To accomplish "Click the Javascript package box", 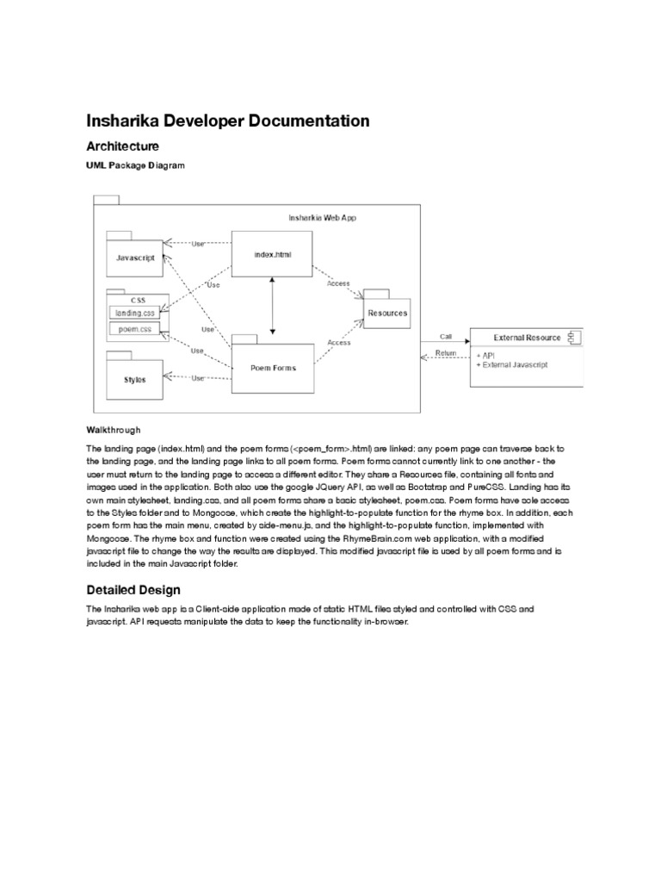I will (x=136, y=257).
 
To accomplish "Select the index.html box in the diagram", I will (x=272, y=254).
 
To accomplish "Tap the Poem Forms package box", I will (x=272, y=368).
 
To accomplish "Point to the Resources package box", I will (x=386, y=313).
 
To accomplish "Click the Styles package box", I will (x=136, y=379).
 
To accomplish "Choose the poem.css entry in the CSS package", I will (x=134, y=329).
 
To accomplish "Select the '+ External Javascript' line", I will (x=512, y=364).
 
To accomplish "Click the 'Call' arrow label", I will (x=445, y=337).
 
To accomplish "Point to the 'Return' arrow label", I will (x=446, y=352).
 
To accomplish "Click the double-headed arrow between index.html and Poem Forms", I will (x=273, y=307).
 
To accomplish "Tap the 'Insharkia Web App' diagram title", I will (x=322, y=218).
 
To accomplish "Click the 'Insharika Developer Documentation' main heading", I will (x=227, y=121).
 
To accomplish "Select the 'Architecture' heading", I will (x=122, y=147).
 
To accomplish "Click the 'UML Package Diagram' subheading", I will (x=135, y=165).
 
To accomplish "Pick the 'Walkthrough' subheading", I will (x=113, y=429).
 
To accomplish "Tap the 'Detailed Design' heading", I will (x=133, y=590).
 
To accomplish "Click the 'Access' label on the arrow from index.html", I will (x=338, y=283).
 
